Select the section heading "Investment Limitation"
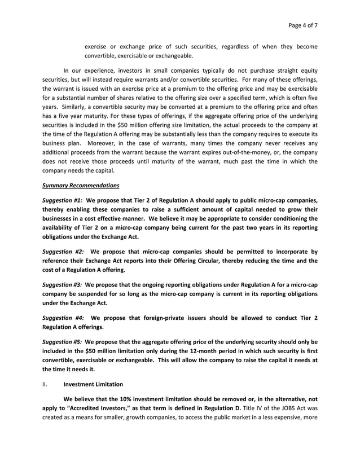click(x=94, y=384)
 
